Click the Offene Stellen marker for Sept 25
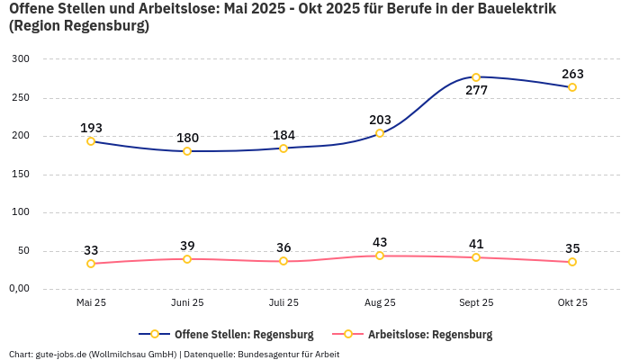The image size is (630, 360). tap(476, 77)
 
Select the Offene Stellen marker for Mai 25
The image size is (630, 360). tap(91, 141)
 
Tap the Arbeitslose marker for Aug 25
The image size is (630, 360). tap(380, 256)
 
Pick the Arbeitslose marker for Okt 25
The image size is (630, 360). tap(572, 262)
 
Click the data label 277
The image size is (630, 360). tap(476, 91)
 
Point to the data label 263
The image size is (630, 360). tap(572, 74)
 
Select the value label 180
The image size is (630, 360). tap(187, 138)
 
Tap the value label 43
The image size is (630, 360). tap(380, 242)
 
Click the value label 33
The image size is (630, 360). tap(91, 250)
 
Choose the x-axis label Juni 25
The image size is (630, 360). tap(187, 303)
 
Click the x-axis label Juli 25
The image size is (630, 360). tap(283, 303)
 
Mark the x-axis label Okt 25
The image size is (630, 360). tap(572, 303)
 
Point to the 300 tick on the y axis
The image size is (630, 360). tap(21, 59)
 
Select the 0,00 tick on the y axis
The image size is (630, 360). tap(19, 289)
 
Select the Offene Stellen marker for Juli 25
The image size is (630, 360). tap(283, 148)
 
